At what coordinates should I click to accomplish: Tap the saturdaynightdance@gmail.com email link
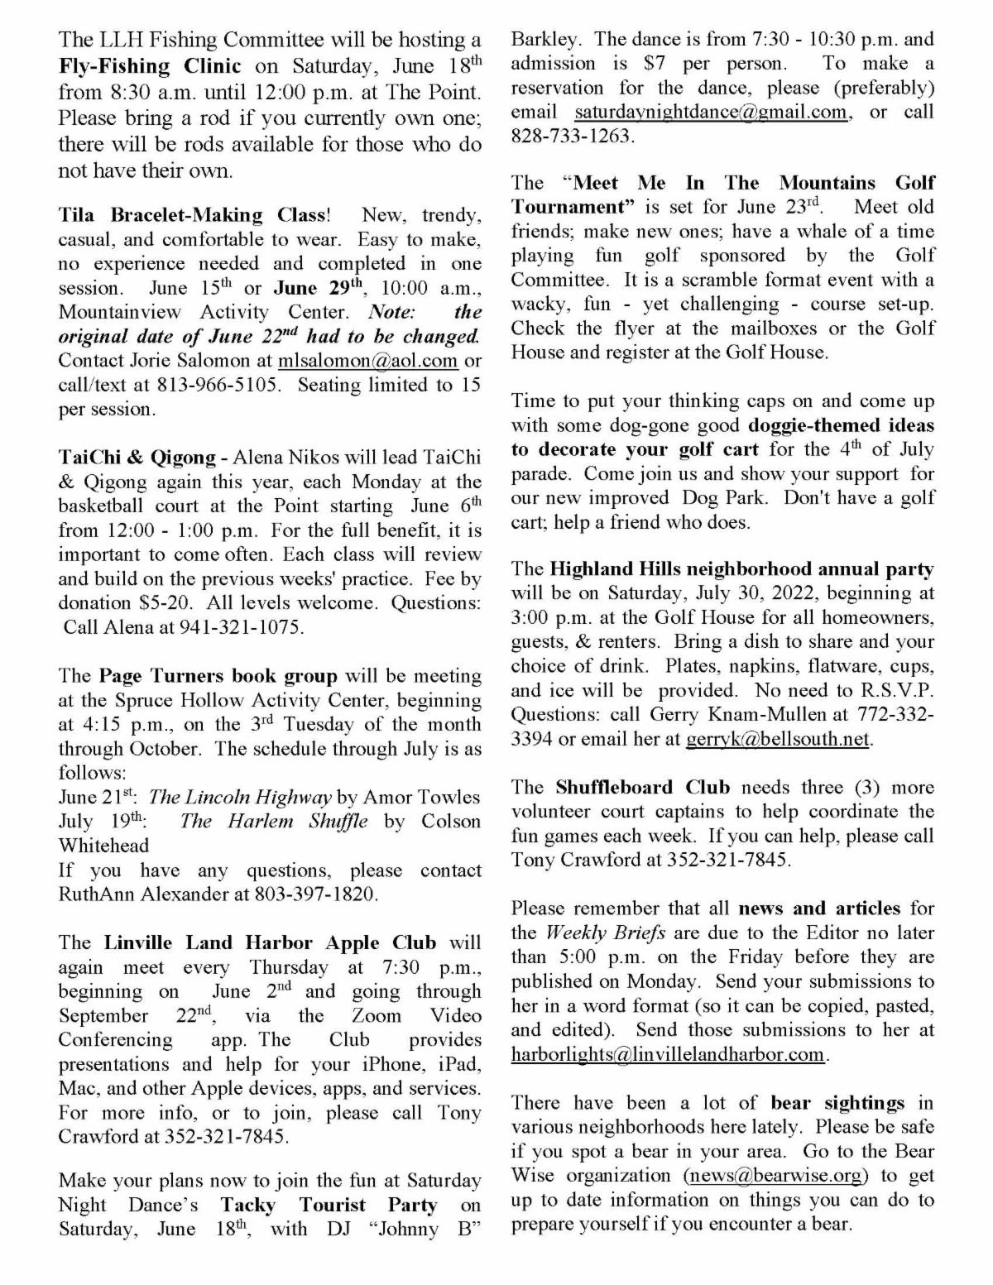pos(712,112)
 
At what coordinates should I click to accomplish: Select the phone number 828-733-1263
pos(573,136)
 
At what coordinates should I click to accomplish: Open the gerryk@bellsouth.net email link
pos(779,739)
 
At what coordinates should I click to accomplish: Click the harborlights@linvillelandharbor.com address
pos(668,1054)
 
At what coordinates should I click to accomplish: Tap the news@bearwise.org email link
pos(776,1175)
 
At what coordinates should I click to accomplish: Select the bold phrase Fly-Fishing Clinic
pos(150,65)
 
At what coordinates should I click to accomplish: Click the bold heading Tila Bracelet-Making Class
pos(192,215)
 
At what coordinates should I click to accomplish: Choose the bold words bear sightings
pos(837,1102)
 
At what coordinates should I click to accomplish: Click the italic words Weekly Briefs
pos(594,933)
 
